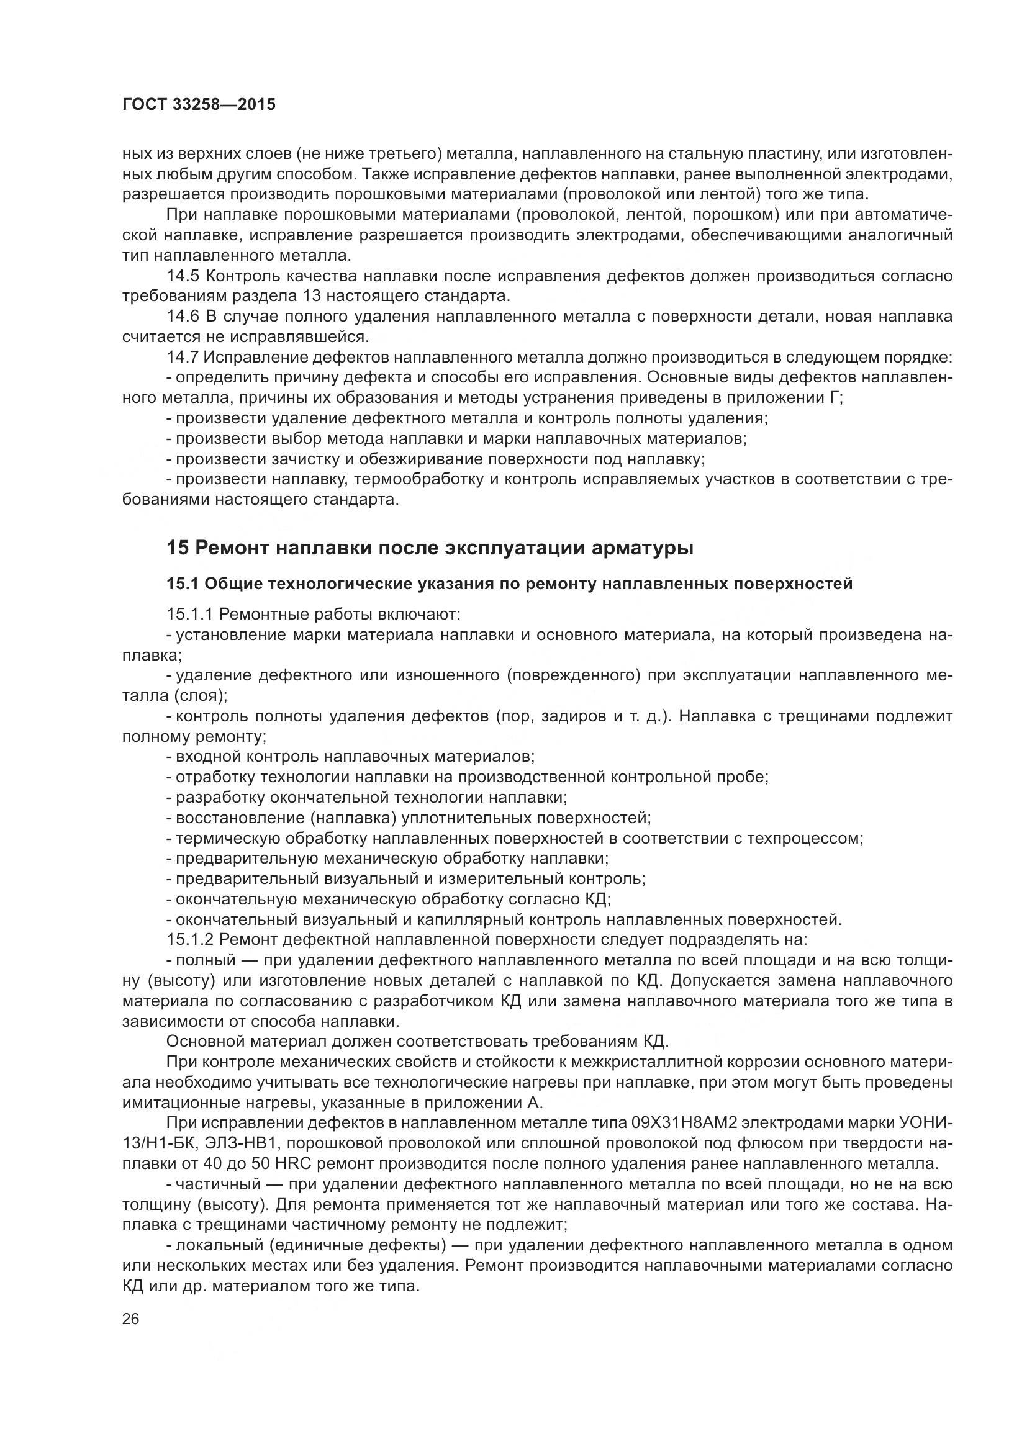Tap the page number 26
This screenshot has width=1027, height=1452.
131,1319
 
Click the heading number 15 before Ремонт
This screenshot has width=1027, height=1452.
177,548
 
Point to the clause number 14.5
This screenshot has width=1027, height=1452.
183,276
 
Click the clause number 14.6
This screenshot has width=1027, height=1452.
183,316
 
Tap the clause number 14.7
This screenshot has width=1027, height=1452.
183,358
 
